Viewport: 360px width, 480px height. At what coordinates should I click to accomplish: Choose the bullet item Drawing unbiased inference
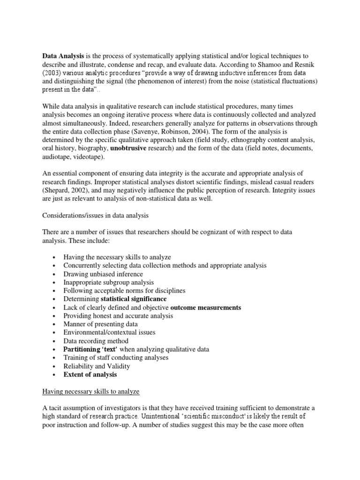103,274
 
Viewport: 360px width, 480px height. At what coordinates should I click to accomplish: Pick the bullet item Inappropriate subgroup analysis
109,282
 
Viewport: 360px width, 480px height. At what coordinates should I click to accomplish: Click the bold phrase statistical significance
134,299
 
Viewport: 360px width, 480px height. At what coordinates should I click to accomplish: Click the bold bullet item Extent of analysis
90,375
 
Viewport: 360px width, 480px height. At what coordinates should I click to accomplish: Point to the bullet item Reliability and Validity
97,366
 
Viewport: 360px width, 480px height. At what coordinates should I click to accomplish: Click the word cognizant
205,232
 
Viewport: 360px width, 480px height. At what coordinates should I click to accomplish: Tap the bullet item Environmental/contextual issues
110,332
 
